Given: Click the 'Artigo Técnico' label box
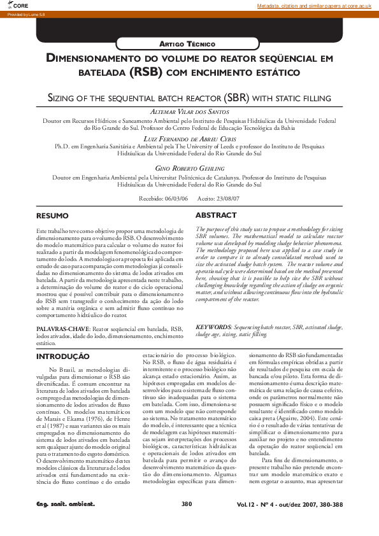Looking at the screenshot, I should point(190,43).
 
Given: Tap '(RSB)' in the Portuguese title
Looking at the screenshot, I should point(148,73).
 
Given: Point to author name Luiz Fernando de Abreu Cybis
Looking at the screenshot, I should point(190,138).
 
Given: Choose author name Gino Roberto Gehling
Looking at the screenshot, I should point(190,167).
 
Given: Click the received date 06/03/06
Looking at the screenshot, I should point(176,198).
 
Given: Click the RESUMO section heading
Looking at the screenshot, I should point(52,216).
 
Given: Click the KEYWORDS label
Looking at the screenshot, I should point(213,326).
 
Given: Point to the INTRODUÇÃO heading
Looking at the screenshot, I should point(62,356).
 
